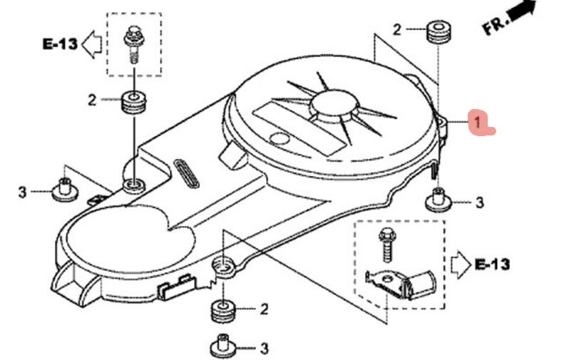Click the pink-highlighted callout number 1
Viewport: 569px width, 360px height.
(475, 122)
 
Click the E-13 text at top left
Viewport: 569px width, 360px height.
(59, 44)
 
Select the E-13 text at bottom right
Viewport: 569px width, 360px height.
(492, 264)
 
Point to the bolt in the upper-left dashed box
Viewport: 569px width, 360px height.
(133, 42)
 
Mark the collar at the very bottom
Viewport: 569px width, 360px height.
(224, 347)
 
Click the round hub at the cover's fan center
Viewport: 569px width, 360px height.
(333, 105)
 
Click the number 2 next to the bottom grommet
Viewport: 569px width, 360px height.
(264, 309)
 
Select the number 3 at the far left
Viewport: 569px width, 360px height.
(22, 192)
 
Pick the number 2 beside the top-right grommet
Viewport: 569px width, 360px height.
(396, 30)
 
